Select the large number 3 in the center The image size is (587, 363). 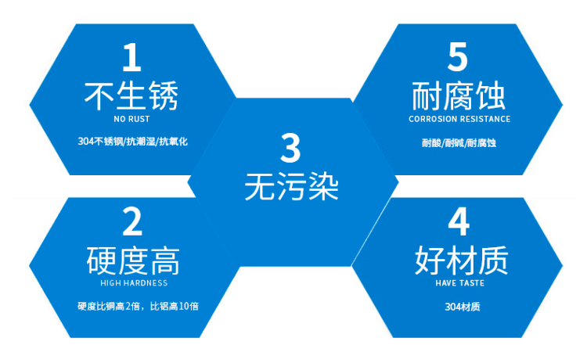pyautogui.click(x=290, y=149)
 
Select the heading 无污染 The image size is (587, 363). pyautogui.click(x=290, y=187)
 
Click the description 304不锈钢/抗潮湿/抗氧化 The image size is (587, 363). pyautogui.click(x=134, y=142)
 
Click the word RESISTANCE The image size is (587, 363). pyautogui.click(x=483, y=120)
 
